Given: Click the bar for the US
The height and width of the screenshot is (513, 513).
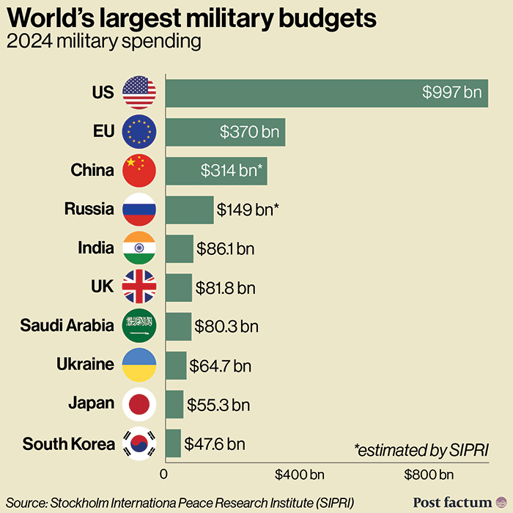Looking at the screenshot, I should [326, 92].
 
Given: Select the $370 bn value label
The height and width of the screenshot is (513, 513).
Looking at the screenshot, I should [250, 132].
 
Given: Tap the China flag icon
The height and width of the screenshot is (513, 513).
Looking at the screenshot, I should [139, 171].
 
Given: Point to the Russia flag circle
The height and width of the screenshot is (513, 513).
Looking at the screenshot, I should [139, 210].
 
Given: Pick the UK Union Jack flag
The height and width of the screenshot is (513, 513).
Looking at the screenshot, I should [139, 287].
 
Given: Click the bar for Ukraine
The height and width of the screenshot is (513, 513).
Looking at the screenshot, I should [176, 364].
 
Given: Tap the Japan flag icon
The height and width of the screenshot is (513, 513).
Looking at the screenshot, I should [139, 403].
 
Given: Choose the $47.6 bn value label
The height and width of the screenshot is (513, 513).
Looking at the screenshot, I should [215, 443].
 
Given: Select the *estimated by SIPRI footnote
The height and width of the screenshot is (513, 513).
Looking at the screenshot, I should [421, 449].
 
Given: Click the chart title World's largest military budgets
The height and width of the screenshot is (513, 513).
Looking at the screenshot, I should [192, 18].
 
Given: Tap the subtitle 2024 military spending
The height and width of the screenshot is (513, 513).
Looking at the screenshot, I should [103, 42].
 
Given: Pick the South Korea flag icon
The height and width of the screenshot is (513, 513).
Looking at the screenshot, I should [139, 443].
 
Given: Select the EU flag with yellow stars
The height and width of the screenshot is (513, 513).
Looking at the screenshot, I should [139, 132].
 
